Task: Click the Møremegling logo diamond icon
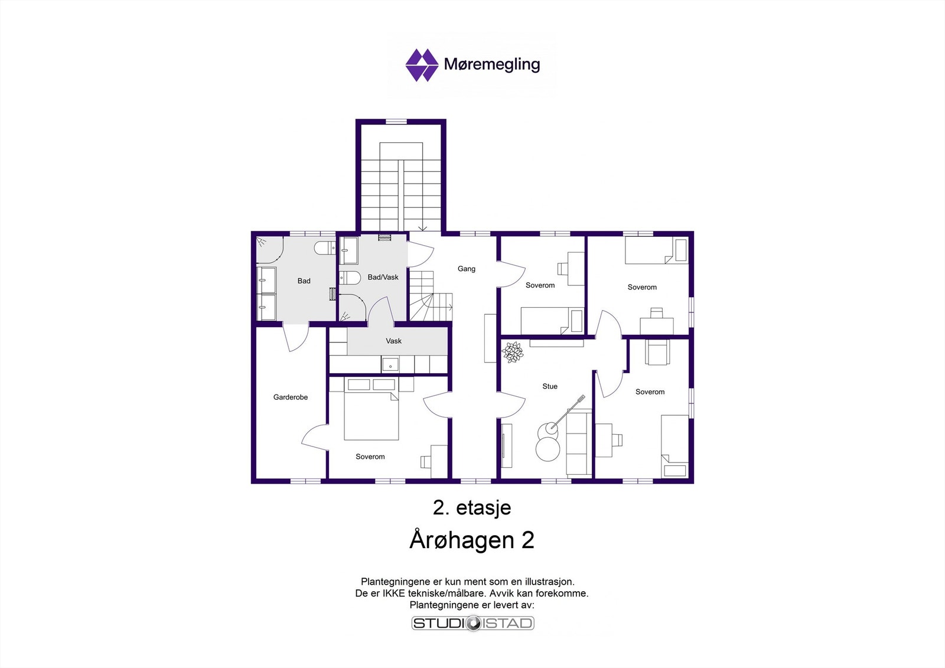pyautogui.click(x=422, y=65)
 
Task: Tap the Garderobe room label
pyautogui.click(x=291, y=397)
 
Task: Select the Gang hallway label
pyautogui.click(x=467, y=269)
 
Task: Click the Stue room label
pyautogui.click(x=550, y=386)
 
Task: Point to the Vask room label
pyautogui.click(x=393, y=341)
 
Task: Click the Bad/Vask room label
pyautogui.click(x=383, y=277)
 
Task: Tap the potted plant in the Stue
pyautogui.click(x=512, y=353)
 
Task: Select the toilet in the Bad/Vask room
pyautogui.click(x=350, y=278)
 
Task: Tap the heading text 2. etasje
pyautogui.click(x=472, y=508)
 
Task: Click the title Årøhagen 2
pyautogui.click(x=472, y=540)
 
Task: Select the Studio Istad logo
pyautogui.click(x=472, y=623)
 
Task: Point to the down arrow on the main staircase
pyautogui.click(x=423, y=227)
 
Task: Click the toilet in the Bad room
pyautogui.click(x=324, y=247)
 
